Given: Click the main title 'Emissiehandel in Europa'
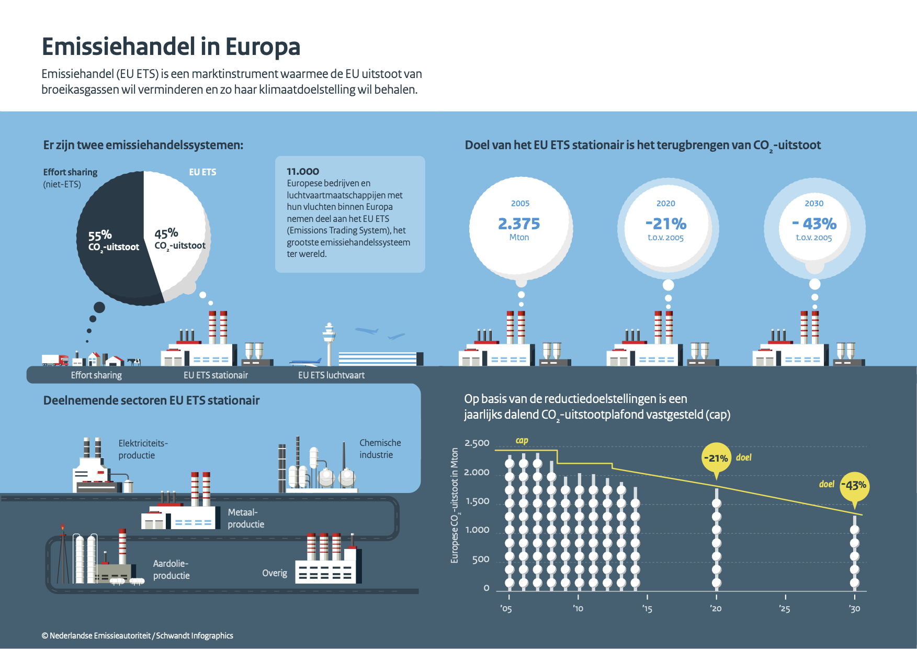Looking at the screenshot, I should [x=171, y=47].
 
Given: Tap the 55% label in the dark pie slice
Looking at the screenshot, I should [x=100, y=235].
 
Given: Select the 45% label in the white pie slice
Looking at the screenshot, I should [x=166, y=233].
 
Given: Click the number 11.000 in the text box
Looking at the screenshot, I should [x=303, y=172].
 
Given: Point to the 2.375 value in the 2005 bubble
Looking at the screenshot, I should [x=519, y=224].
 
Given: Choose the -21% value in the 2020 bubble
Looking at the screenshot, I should [x=666, y=224].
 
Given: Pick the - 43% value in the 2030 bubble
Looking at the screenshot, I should [x=814, y=224].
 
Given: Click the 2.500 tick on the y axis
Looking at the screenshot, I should [x=477, y=443].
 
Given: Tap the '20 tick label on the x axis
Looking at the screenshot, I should [x=716, y=609].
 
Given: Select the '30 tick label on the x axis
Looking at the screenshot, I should [x=854, y=609].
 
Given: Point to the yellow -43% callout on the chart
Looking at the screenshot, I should [x=855, y=486].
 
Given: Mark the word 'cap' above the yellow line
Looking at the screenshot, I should [x=522, y=441].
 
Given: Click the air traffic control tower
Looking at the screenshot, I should [x=329, y=343].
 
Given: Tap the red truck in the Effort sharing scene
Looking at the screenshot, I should [x=55, y=360].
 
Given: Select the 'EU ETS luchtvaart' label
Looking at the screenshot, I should [x=331, y=375].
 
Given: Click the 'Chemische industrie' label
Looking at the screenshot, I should [x=380, y=449].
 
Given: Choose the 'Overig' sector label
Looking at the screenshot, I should [x=275, y=573].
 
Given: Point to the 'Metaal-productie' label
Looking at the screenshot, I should [x=246, y=518].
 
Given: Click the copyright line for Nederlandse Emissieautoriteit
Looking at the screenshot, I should [x=138, y=635].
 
